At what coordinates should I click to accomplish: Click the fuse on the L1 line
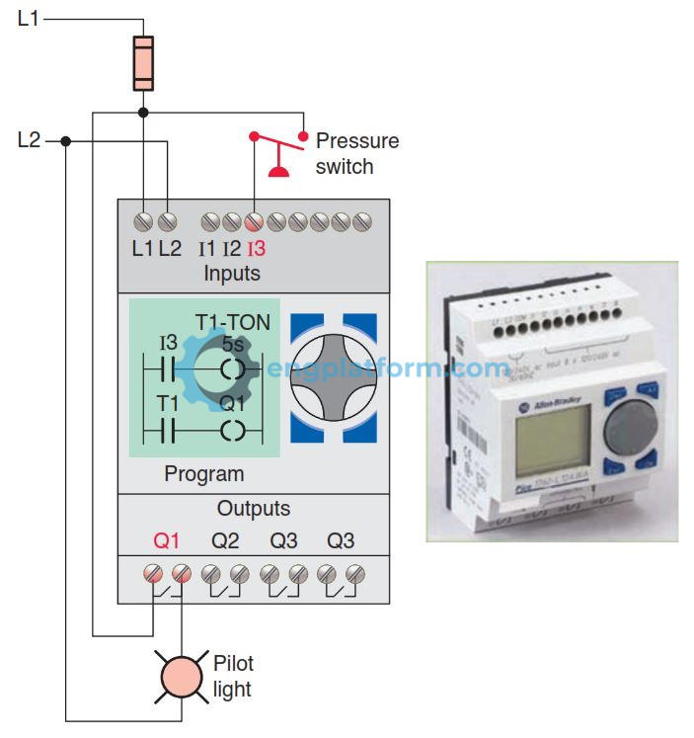pyautogui.click(x=143, y=61)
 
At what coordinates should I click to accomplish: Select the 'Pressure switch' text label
pyautogui.click(x=356, y=153)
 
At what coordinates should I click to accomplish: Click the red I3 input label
pyautogui.click(x=256, y=249)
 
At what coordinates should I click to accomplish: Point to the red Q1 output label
pyautogui.click(x=167, y=541)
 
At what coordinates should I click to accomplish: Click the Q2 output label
pyautogui.click(x=226, y=541)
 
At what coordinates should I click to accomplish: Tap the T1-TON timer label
pyautogui.click(x=232, y=323)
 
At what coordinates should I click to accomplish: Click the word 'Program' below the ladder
pyautogui.click(x=203, y=474)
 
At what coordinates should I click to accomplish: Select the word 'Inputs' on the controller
pyautogui.click(x=232, y=273)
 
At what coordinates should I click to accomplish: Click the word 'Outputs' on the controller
pyautogui.click(x=254, y=509)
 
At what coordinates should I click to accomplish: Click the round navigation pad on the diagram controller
pyautogui.click(x=333, y=376)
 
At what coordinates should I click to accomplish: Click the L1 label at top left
pyautogui.click(x=29, y=18)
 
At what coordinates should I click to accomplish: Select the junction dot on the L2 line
pyautogui.click(x=65, y=140)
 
